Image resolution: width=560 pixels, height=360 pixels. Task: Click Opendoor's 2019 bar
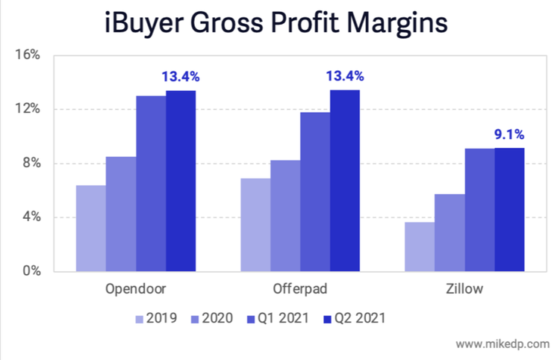(90, 228)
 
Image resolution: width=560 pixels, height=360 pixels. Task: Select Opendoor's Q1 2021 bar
(151, 183)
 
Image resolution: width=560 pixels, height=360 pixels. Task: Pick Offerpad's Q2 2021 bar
(345, 180)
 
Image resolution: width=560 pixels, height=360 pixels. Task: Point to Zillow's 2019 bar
(420, 246)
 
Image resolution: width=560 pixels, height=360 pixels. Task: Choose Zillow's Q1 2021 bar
(479, 209)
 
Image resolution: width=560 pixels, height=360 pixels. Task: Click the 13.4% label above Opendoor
(181, 76)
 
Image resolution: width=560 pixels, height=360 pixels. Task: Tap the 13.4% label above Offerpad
(345, 75)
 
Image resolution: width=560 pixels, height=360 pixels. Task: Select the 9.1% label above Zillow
(509, 134)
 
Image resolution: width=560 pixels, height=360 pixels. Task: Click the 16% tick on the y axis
(31, 55)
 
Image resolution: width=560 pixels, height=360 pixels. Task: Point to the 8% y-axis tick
(34, 164)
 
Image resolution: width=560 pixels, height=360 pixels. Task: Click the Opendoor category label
(135, 289)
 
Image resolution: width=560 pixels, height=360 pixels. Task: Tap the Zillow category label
(464, 289)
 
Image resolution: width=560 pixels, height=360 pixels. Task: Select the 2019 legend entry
(156, 319)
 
